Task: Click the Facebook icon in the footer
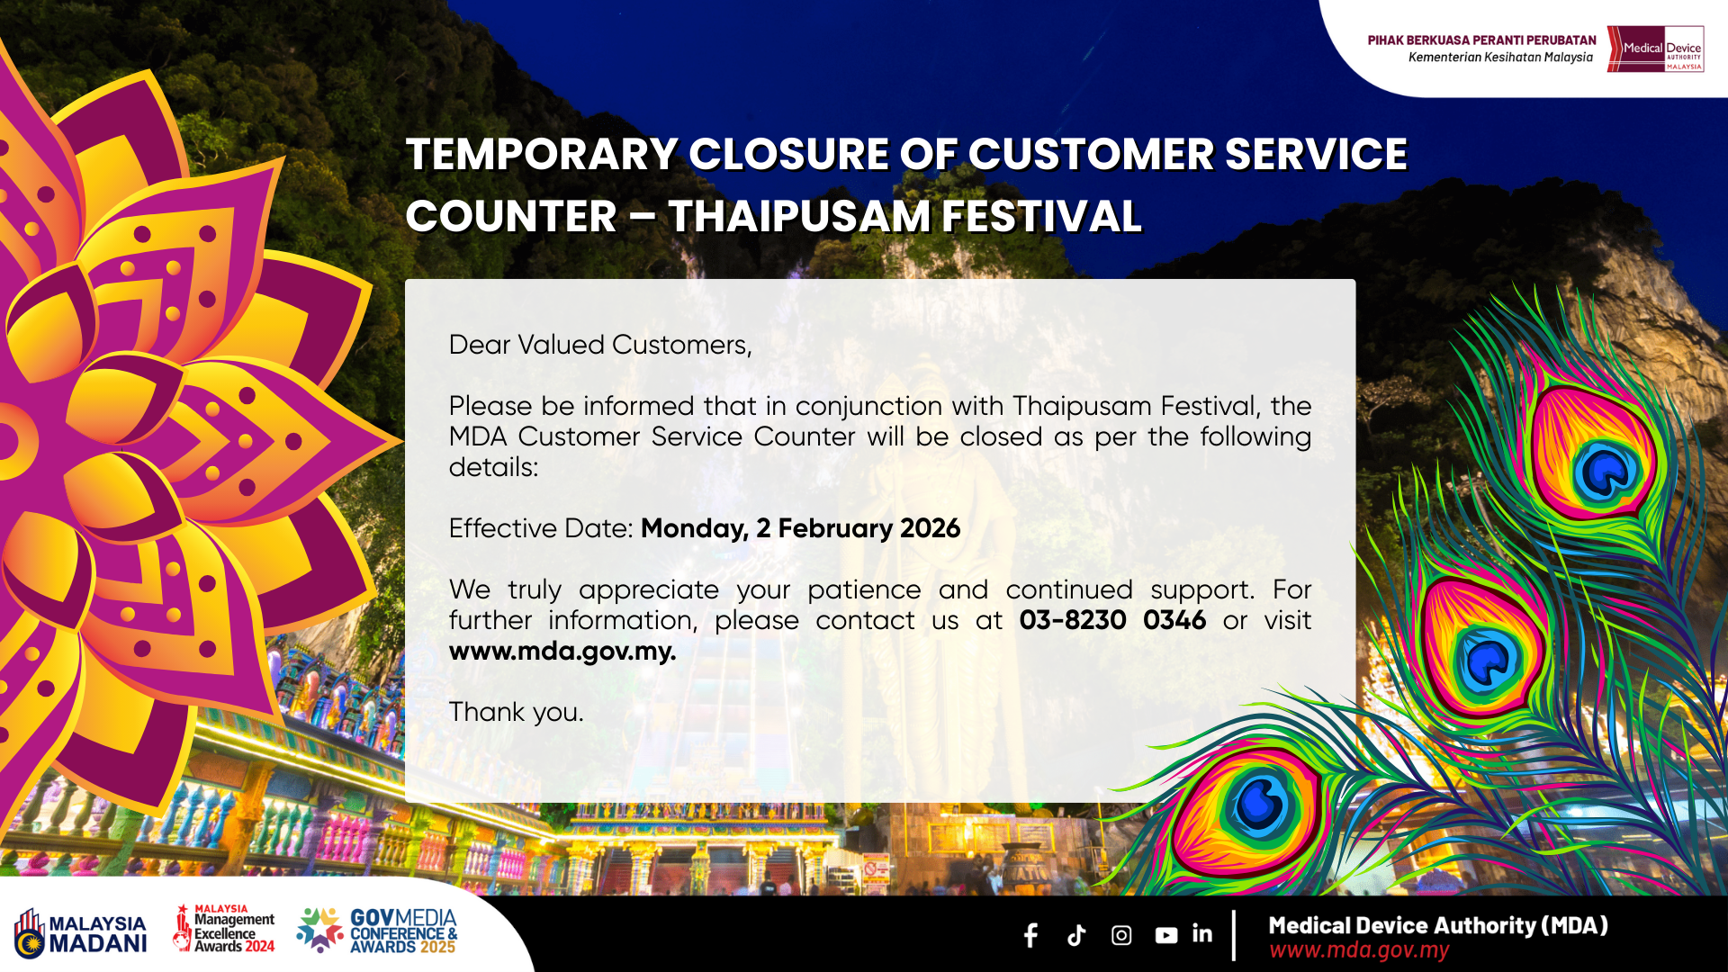click(1031, 935)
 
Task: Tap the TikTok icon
click(1076, 935)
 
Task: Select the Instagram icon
click(1121, 935)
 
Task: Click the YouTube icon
click(1166, 936)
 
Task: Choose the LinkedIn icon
click(1202, 934)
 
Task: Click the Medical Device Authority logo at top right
click(1656, 49)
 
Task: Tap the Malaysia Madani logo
click(80, 932)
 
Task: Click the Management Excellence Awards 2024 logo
click(224, 929)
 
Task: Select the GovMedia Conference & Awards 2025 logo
click(377, 931)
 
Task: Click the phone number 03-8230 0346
click(1112, 620)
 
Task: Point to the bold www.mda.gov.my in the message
click(562, 651)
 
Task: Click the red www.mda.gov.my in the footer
click(1359, 950)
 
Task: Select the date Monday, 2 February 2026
click(801, 528)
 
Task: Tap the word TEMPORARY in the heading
click(542, 154)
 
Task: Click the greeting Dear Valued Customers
click(600, 345)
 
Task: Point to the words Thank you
click(517, 712)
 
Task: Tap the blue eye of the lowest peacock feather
click(1260, 804)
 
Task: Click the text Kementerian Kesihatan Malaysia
click(1500, 57)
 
